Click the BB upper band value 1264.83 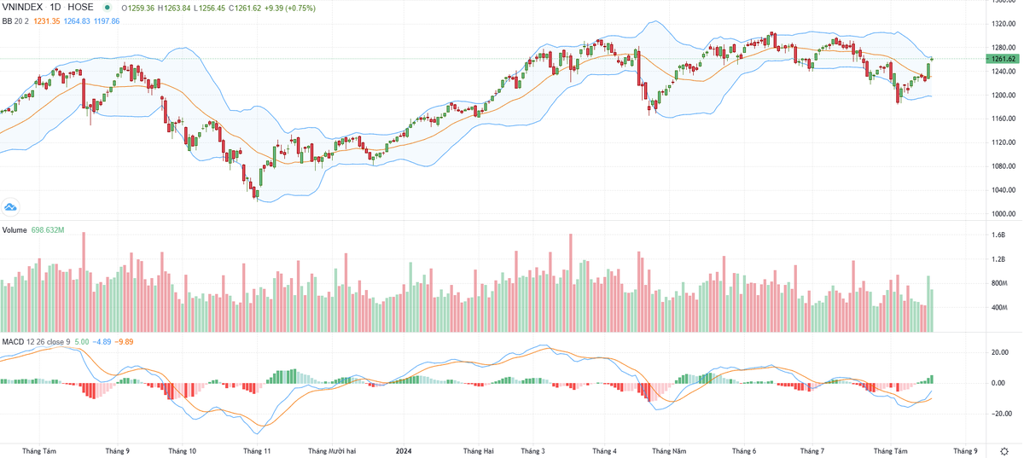coord(87,20)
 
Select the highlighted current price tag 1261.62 coord(1003,59)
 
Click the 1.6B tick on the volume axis coord(998,235)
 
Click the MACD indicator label coord(13,341)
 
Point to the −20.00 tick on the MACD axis coord(1001,413)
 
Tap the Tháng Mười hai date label coord(332,449)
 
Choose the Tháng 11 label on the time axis coord(257,449)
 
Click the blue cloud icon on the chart coord(11,207)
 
